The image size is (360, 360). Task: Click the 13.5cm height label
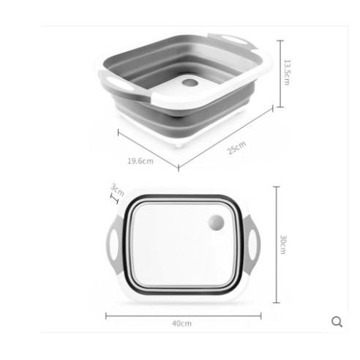pyautogui.click(x=287, y=72)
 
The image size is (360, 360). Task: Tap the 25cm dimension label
pyautogui.click(x=236, y=148)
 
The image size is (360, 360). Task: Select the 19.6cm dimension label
pyautogui.click(x=140, y=161)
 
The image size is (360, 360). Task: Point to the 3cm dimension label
pyautogui.click(x=117, y=190)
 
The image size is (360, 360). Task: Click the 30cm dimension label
pyautogui.click(x=283, y=244)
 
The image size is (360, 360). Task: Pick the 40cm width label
pyautogui.click(x=182, y=323)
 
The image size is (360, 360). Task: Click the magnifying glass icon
pyautogui.click(x=337, y=322)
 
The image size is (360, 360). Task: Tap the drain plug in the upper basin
pyautogui.click(x=190, y=83)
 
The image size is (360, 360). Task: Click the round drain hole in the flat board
pyautogui.click(x=217, y=222)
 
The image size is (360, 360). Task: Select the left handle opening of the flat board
pyautogui.click(x=114, y=244)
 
